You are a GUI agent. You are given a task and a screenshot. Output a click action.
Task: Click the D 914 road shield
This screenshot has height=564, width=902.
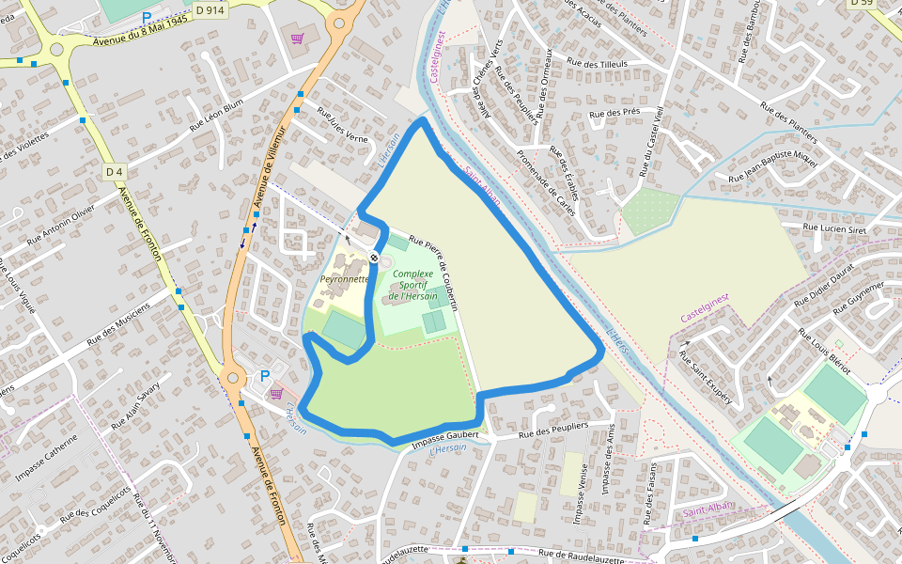click(x=210, y=8)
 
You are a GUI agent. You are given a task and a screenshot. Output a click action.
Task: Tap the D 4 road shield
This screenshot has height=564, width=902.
click(x=115, y=172)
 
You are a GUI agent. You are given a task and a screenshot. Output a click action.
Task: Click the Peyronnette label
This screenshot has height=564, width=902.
click(x=344, y=279)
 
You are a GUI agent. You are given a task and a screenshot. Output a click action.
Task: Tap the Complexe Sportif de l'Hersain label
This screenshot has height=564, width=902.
click(x=413, y=285)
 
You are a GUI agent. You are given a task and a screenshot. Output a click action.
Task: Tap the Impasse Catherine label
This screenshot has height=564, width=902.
click(x=47, y=457)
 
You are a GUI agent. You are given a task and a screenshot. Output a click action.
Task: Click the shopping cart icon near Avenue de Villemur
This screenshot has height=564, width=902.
click(x=298, y=39)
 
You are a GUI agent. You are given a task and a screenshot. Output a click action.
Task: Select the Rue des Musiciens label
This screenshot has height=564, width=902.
click(x=118, y=324)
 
